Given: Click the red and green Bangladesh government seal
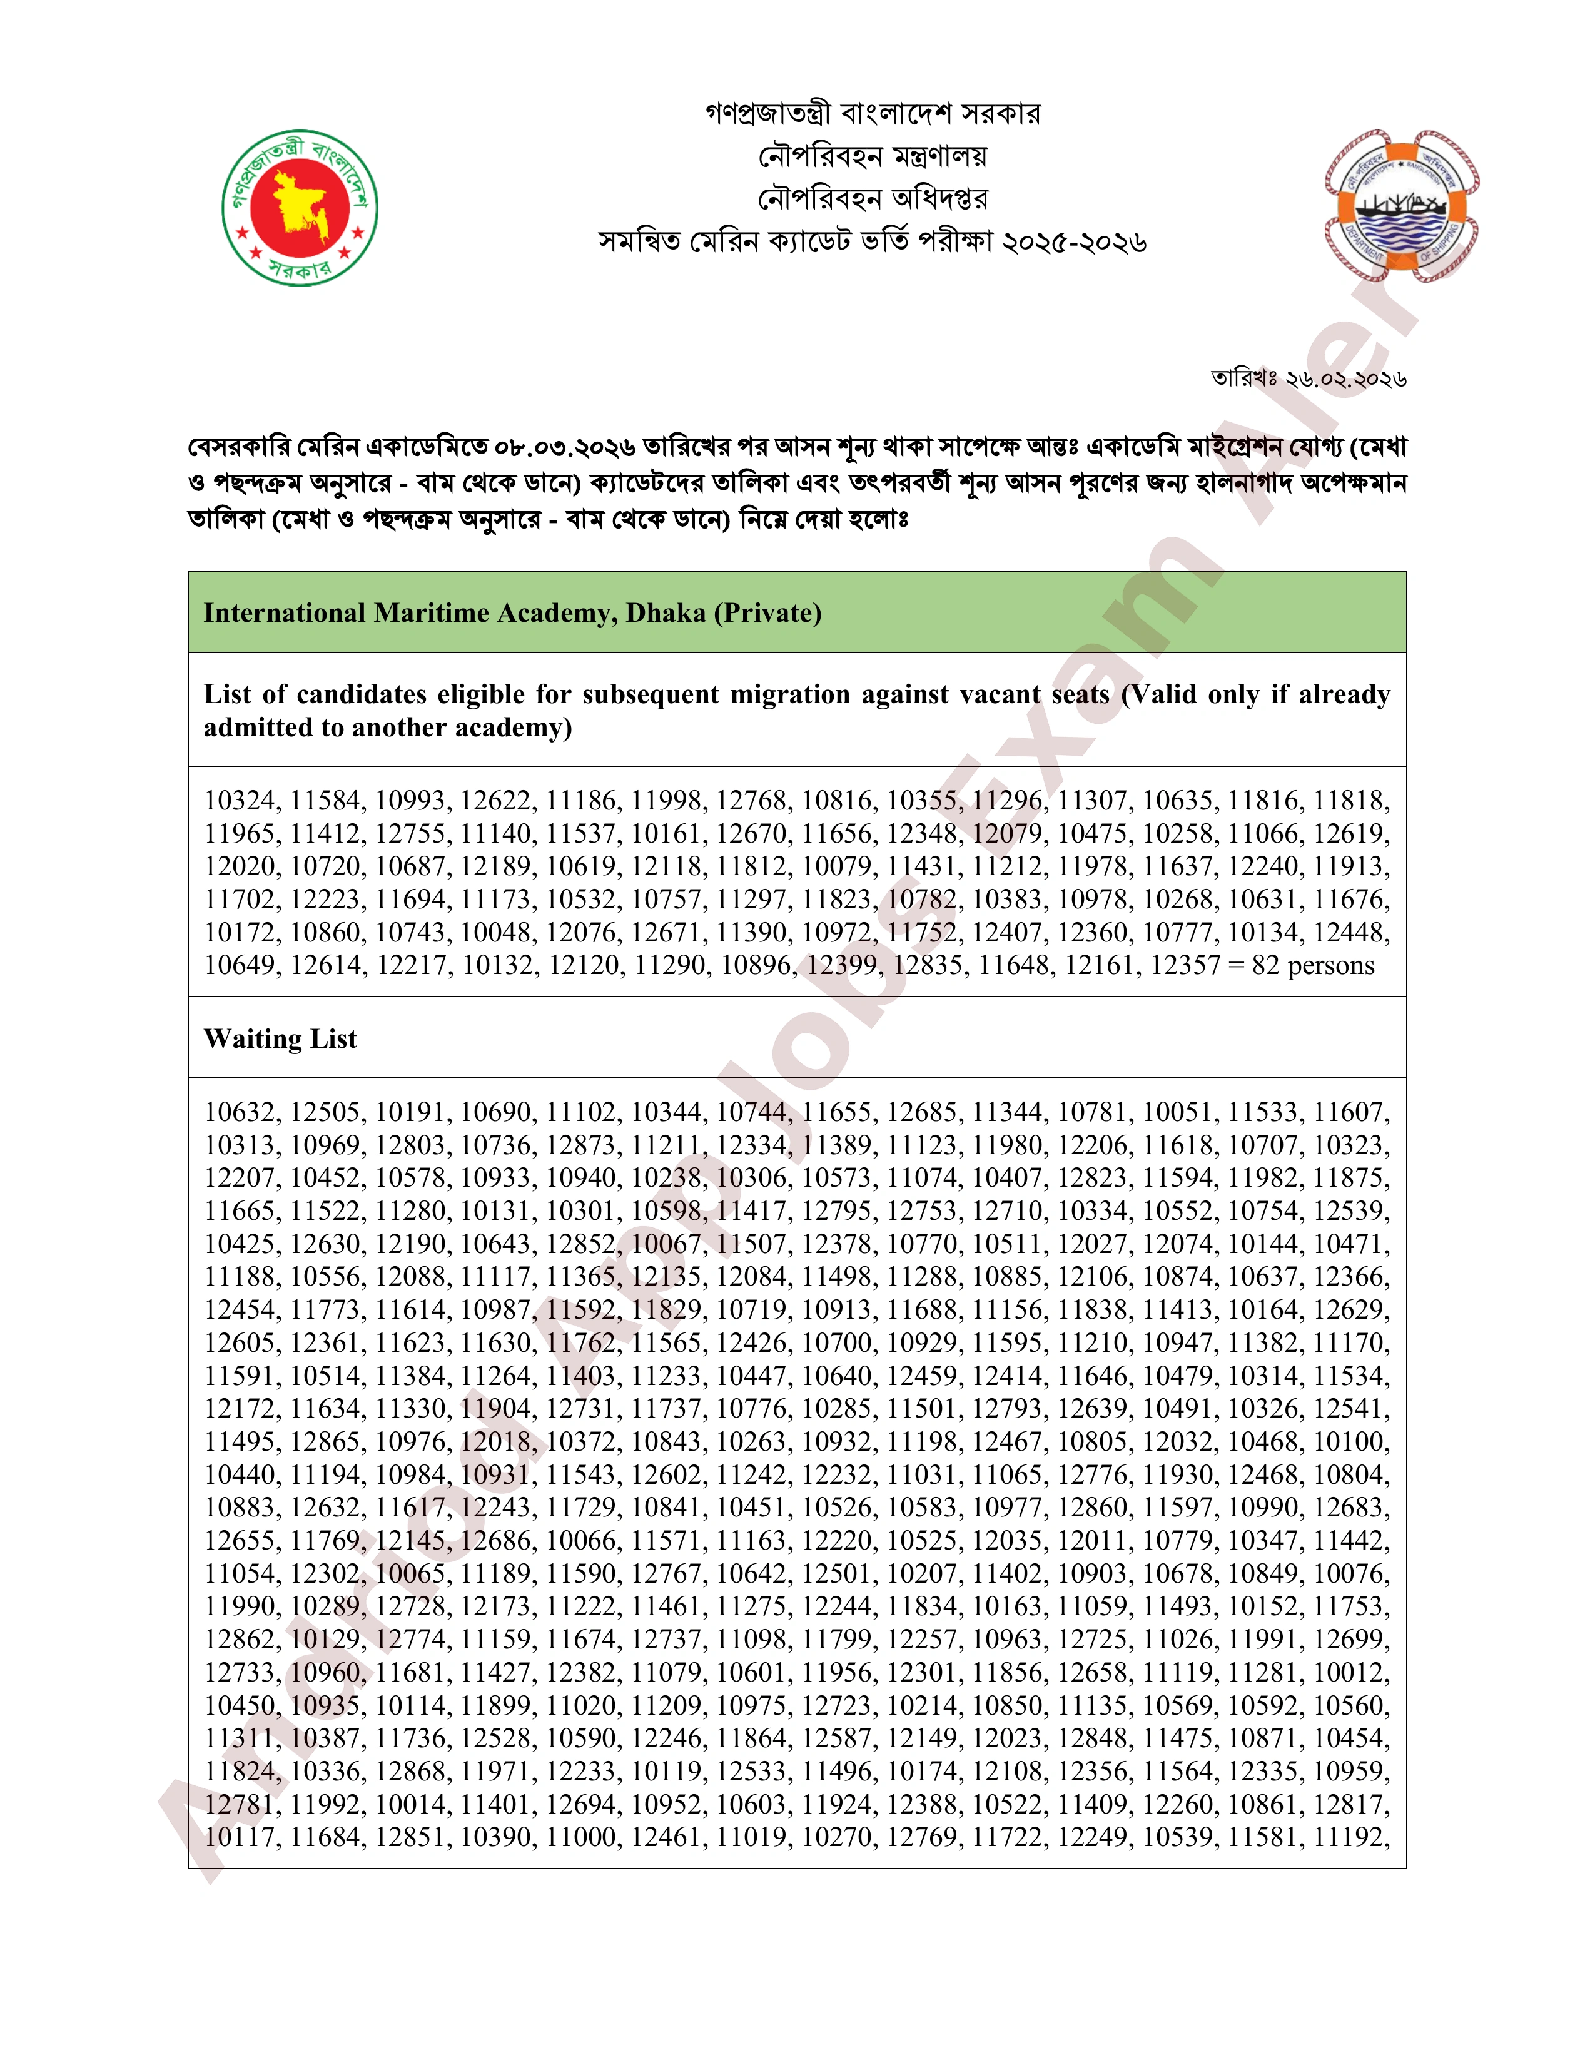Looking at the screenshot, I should [x=300, y=207].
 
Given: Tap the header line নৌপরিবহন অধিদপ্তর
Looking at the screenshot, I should [x=873, y=198].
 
